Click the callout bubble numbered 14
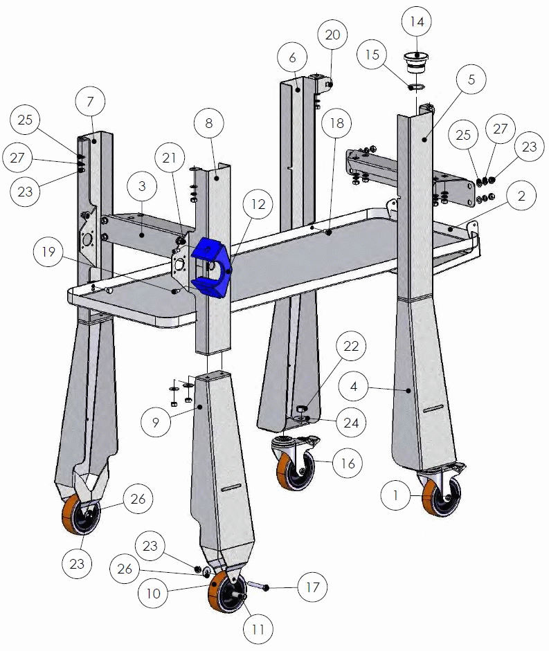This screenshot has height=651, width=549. point(417,21)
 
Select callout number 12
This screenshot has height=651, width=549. point(258,204)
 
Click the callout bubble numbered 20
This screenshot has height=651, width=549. point(332,35)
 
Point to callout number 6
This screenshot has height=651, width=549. point(292,57)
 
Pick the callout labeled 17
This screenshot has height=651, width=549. point(312,587)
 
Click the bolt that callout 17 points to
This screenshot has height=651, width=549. point(258,585)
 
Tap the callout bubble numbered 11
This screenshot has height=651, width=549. point(258,630)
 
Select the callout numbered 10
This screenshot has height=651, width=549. point(153,594)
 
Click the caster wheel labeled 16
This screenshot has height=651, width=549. point(295,462)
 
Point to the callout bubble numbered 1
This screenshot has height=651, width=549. point(395,495)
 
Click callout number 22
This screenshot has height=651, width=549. point(351,346)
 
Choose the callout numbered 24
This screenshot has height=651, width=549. point(351,423)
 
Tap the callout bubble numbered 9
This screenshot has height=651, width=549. point(156,423)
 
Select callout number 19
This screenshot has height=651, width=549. point(48,252)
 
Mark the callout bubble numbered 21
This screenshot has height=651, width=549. point(169,158)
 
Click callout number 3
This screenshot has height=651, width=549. point(142,186)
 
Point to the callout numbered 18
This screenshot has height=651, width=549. point(337,123)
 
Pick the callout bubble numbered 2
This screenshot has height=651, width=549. point(521,196)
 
